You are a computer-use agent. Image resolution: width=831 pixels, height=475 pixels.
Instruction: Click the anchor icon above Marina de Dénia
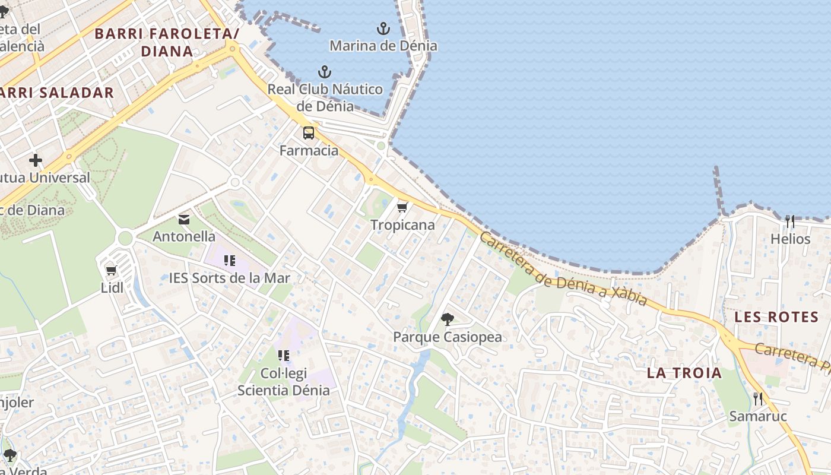click(383, 28)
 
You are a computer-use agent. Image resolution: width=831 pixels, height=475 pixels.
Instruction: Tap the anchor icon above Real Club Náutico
click(324, 72)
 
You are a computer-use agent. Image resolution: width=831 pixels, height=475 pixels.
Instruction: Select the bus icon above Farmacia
click(309, 133)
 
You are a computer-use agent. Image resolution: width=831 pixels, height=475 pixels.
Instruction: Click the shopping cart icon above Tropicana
click(402, 207)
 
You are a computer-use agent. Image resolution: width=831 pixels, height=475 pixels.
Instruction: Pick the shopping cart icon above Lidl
click(111, 271)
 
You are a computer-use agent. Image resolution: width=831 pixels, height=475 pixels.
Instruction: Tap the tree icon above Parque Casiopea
click(447, 319)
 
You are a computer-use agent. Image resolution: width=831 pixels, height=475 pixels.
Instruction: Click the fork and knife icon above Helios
click(789, 221)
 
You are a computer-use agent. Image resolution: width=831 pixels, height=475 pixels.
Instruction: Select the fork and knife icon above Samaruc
click(757, 398)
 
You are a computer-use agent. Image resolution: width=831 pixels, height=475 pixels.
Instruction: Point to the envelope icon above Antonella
click(184, 220)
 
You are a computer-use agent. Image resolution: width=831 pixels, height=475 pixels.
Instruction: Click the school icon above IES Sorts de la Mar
click(229, 261)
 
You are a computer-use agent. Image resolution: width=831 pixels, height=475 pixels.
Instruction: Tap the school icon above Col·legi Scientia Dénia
click(283, 356)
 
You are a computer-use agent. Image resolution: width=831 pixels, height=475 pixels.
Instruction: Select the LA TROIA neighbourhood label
click(684, 373)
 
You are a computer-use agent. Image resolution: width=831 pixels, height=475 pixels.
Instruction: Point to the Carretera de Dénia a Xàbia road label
click(563, 269)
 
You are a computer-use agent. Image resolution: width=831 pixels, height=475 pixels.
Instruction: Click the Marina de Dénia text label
click(383, 46)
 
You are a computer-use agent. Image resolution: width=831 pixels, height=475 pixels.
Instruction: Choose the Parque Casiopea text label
click(447, 337)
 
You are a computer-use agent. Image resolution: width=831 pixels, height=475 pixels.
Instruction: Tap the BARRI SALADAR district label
click(57, 93)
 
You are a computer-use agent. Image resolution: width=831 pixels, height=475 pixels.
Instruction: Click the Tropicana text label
click(402, 225)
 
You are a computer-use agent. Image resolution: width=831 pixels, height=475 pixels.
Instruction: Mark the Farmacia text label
click(309, 151)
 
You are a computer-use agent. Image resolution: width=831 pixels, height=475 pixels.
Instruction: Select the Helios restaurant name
click(790, 239)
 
